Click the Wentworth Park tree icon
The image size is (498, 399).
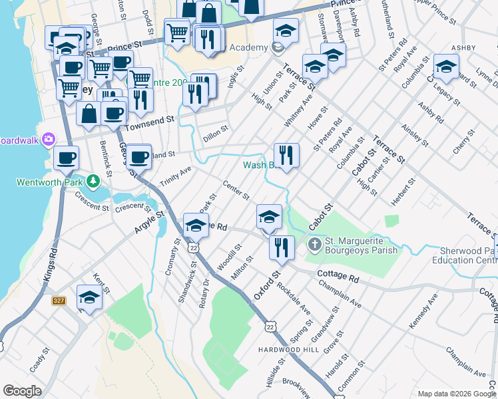[x=94, y=182]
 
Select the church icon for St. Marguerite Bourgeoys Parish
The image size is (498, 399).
[x=315, y=245]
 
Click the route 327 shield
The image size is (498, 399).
[x=59, y=301]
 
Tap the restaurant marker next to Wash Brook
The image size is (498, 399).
[x=286, y=156]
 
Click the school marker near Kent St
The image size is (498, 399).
[x=89, y=297]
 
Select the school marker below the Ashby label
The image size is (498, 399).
[x=446, y=66]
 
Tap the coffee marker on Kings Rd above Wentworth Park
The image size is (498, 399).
[x=66, y=158]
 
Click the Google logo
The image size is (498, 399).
[x=22, y=391]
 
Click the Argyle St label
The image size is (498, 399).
[x=150, y=221]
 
